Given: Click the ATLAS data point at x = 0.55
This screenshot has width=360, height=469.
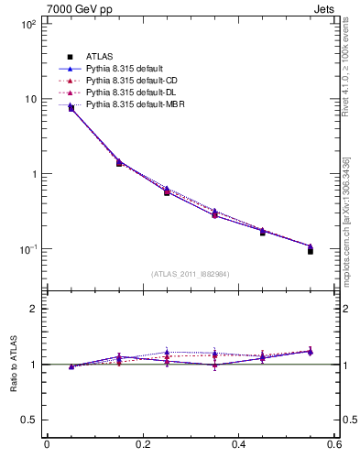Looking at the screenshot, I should (x=311, y=250).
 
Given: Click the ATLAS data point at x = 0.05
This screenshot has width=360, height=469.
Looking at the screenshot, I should (x=71, y=109).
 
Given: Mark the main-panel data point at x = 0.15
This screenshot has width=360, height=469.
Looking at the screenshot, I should (x=119, y=163).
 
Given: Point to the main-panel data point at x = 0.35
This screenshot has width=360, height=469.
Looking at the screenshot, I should (x=214, y=214).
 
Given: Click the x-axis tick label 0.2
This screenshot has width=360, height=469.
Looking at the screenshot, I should (x=143, y=445).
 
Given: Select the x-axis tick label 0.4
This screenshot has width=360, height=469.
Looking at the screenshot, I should (x=238, y=445).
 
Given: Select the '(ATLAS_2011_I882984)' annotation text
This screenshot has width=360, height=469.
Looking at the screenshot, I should (x=191, y=274).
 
